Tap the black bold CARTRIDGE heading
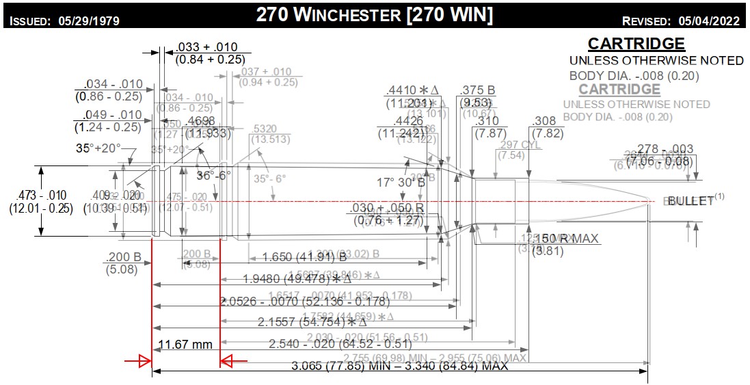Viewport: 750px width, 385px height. tap(636, 44)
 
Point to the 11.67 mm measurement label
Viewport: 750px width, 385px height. tap(185, 343)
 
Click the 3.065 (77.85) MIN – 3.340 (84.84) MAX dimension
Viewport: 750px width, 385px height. tap(400, 366)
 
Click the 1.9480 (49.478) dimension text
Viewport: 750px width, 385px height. tap(297, 279)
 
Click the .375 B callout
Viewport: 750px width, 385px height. tap(478, 91)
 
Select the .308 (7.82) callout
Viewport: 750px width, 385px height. tap(544, 127)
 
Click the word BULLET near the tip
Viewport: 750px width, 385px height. tap(691, 201)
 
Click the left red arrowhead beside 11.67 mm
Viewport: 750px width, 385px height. tap(144, 361)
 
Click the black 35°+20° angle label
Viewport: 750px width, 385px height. tap(98, 147)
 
